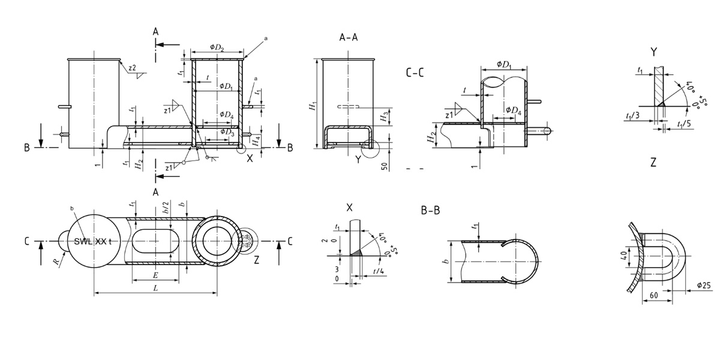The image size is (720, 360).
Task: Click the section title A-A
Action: click(x=349, y=38)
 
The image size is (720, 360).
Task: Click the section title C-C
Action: click(x=415, y=73)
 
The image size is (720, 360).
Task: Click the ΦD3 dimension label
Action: click(x=227, y=132)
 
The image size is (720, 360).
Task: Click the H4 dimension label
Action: click(x=256, y=141)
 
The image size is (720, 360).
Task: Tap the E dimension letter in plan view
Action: click(x=155, y=275)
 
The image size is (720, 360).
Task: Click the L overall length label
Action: click(x=155, y=289)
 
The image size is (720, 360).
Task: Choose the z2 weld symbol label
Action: click(x=132, y=68)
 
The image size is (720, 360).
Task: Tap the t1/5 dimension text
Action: click(x=683, y=124)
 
